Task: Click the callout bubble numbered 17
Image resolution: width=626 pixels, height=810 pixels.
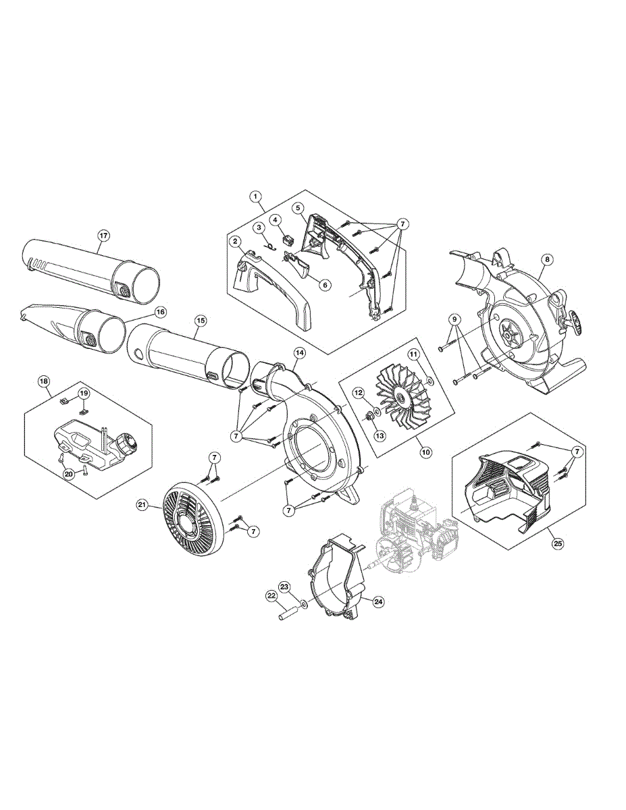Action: (103, 236)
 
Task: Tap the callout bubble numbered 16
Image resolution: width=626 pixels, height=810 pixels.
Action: (160, 313)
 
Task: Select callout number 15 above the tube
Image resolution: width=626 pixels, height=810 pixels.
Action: (201, 321)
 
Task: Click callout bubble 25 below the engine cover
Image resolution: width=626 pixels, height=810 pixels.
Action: (557, 543)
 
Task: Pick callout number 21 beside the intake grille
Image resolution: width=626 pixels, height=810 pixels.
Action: (142, 505)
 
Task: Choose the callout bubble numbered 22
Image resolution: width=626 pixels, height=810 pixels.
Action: (271, 596)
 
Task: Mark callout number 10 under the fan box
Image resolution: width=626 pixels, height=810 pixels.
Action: (426, 452)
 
